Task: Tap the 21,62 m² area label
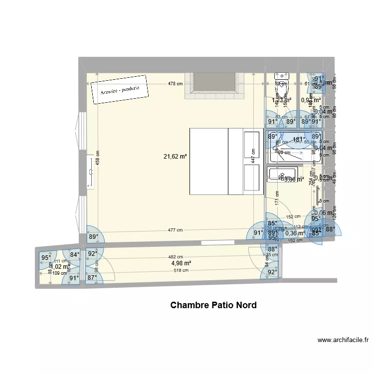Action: pos(175,157)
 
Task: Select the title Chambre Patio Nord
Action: pos(213,305)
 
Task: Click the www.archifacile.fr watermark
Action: pos(343,341)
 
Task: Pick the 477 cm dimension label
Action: pos(175,230)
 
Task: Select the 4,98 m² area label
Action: pos(181,263)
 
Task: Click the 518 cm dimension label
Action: pos(181,270)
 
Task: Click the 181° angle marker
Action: pos(299,140)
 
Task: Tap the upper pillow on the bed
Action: pos(252,144)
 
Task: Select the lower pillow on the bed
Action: pos(252,179)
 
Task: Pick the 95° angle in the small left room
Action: pos(46,258)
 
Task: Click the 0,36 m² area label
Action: pos(295,233)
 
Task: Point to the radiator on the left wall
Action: pos(91,172)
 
